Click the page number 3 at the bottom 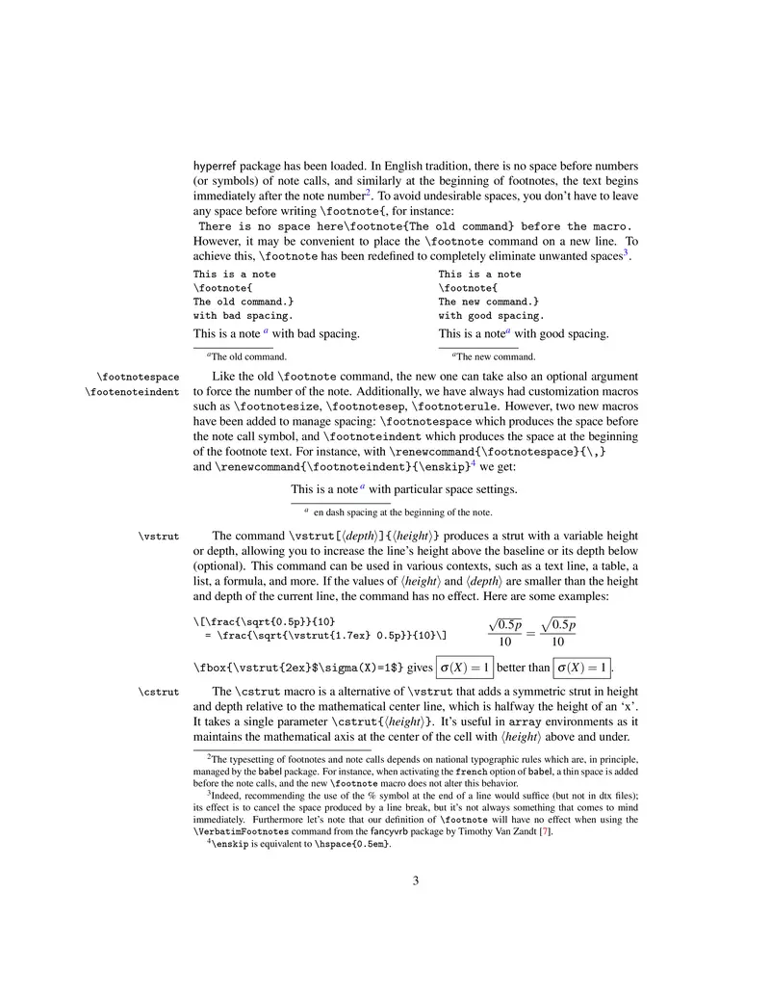coord(416,879)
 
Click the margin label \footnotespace coord(138,376)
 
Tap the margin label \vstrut coord(160,537)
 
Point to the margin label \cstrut coord(160,691)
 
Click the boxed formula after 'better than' coord(582,667)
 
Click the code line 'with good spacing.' coord(491,315)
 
